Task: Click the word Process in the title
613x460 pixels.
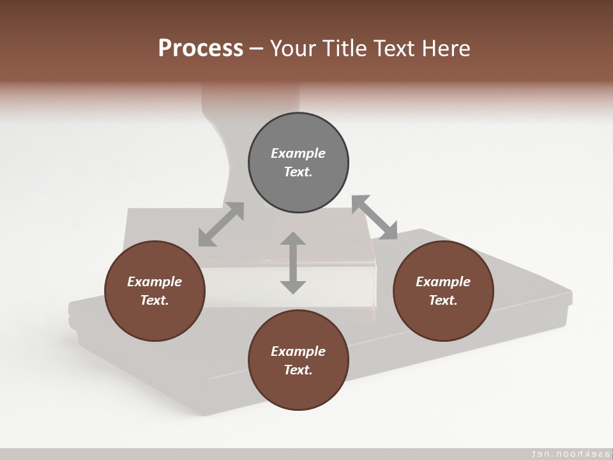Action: [201, 49]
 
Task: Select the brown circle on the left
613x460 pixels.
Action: [155, 319]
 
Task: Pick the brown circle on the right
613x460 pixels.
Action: [443, 319]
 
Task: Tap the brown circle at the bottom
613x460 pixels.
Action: [298, 390]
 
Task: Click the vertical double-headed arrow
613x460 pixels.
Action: [293, 263]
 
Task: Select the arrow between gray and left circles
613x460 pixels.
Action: [221, 224]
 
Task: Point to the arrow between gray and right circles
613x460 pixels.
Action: [375, 218]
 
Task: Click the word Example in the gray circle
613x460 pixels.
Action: [298, 153]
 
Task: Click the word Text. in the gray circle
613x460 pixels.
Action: [298, 172]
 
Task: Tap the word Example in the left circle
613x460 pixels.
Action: [155, 282]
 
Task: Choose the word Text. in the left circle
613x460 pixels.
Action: [155, 300]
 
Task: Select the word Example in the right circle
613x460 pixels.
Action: [443, 282]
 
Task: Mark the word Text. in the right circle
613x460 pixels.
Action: [443, 300]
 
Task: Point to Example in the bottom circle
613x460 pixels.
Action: [298, 351]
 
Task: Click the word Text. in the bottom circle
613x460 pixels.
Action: [298, 370]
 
